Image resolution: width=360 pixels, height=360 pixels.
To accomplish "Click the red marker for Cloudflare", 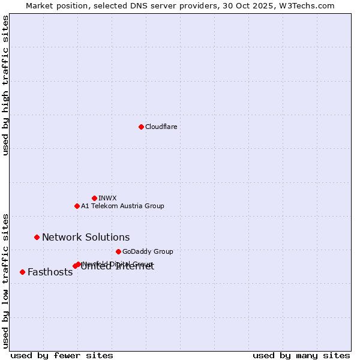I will pyautogui.click(x=141, y=127).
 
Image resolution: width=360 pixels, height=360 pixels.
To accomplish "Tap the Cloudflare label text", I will pyautogui.click(x=161, y=127).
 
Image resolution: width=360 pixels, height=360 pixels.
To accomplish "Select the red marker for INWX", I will pyautogui.click(x=94, y=198).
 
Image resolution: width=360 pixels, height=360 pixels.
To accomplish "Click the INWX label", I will pyautogui.click(x=107, y=198).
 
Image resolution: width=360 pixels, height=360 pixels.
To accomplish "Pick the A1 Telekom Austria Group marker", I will pyautogui.click(x=77, y=206).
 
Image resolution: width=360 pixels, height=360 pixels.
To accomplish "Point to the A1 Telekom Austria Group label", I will pyautogui.click(x=122, y=206).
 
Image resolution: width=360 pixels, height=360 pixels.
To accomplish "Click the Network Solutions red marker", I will pyautogui.click(x=37, y=237).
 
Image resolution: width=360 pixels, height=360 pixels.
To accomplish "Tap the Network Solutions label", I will pyautogui.click(x=86, y=237).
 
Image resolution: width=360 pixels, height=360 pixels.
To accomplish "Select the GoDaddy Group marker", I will pyautogui.click(x=118, y=251).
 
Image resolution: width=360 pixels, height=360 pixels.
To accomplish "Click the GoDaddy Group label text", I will pyautogui.click(x=148, y=251).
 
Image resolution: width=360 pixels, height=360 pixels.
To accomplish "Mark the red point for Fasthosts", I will pyautogui.click(x=22, y=272).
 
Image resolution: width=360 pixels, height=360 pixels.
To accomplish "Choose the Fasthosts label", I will pyautogui.click(x=50, y=272).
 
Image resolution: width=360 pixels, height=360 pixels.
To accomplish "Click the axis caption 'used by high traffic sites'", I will pyautogui.click(x=5, y=85).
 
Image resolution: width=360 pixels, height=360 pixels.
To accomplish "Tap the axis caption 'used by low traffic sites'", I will pyautogui.click(x=5, y=281).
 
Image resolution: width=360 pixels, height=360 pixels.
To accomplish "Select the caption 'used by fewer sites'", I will pyautogui.click(x=62, y=355).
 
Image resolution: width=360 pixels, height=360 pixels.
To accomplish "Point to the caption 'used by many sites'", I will pyautogui.click(x=301, y=355).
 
